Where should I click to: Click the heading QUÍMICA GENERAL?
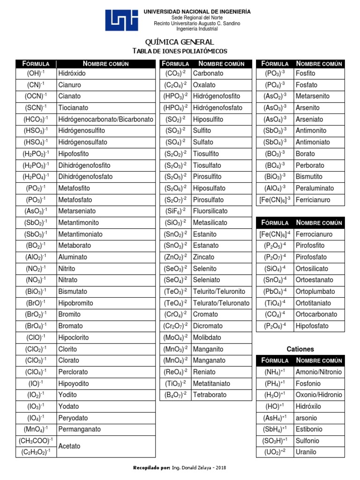(180, 42)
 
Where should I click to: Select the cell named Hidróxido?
(72, 73)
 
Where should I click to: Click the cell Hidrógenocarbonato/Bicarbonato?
(105, 119)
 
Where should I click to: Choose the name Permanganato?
(79, 429)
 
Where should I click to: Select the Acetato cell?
(69, 446)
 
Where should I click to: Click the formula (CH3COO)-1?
(36, 441)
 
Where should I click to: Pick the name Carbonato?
(208, 73)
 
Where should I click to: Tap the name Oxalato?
(204, 85)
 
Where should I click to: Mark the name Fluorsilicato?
(210, 211)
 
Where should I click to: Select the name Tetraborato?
(210, 395)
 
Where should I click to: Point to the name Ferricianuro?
(313, 200)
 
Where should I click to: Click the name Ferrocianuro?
(314, 234)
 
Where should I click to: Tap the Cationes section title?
(300, 349)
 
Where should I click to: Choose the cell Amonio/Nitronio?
(319, 372)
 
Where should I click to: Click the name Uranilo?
(306, 452)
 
